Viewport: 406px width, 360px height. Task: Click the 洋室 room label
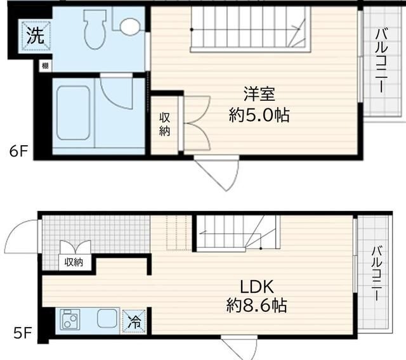tap(259, 94)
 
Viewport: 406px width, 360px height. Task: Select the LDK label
tap(256, 285)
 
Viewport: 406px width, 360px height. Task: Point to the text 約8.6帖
tap(256, 306)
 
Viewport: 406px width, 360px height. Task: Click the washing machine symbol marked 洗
tap(36, 35)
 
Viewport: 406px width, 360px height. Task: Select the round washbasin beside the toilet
tap(130, 26)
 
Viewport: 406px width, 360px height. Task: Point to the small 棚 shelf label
tap(44, 65)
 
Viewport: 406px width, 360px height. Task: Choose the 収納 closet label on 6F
tap(165, 124)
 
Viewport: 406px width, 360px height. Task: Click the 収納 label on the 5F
tap(74, 261)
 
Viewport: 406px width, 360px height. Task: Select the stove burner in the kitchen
tap(70, 320)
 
